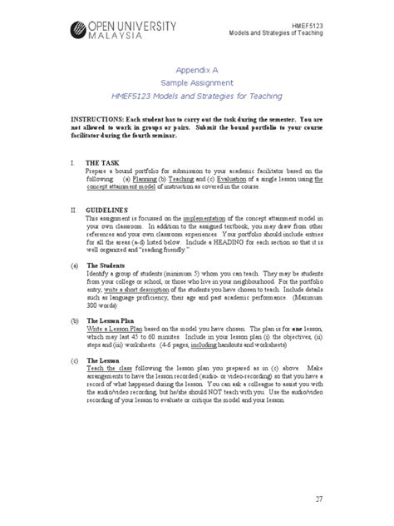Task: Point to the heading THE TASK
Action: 102,163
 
